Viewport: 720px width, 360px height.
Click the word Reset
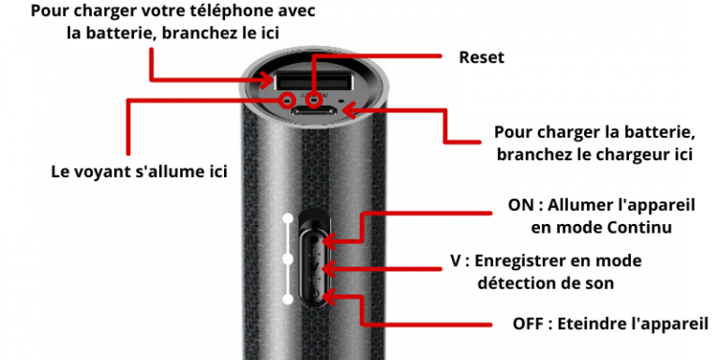click(x=481, y=57)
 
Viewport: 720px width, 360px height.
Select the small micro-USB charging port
click(x=315, y=111)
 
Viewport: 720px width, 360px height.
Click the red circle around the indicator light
click(x=288, y=98)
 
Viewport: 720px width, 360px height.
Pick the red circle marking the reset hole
click(x=314, y=98)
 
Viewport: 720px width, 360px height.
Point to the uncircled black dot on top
click(x=340, y=99)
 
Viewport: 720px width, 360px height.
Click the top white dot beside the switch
click(x=288, y=218)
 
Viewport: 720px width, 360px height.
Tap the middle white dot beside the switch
click(x=288, y=260)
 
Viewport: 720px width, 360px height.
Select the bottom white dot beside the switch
click(x=288, y=300)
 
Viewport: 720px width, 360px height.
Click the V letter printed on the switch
click(x=315, y=266)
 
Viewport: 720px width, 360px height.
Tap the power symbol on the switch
click(x=315, y=293)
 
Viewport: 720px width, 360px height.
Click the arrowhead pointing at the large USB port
click(x=269, y=81)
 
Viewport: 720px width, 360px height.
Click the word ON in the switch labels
click(x=518, y=205)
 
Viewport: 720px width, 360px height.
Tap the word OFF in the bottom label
click(x=528, y=323)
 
